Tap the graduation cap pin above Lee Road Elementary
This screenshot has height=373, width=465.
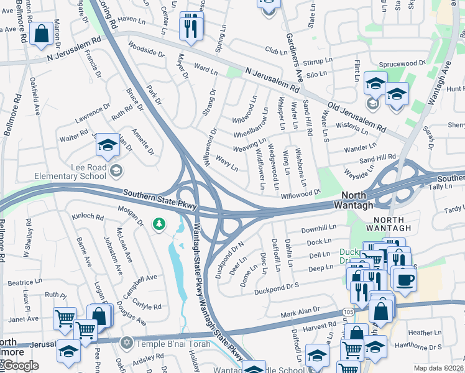108,145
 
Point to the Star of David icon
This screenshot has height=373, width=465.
127,343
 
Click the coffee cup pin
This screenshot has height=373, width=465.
405,280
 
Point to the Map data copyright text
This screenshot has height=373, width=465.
438,368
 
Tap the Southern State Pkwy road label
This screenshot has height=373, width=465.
160,200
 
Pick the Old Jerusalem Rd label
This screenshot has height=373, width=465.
358,115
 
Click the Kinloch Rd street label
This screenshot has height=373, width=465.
87,217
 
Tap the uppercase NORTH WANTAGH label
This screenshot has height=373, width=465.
389,219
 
